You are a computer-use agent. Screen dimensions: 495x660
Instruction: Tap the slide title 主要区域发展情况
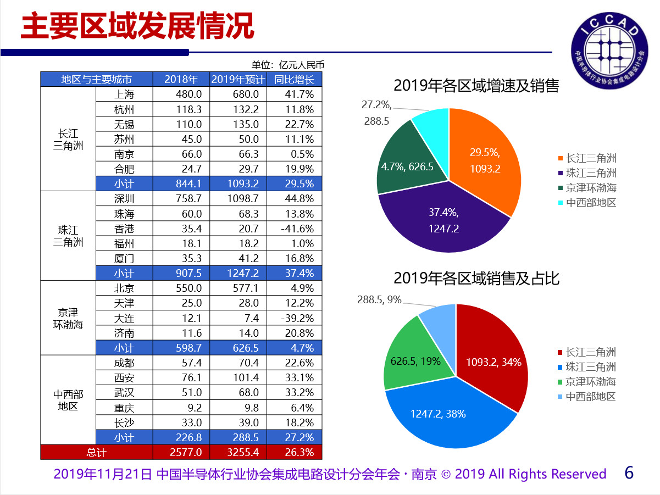click(x=137, y=26)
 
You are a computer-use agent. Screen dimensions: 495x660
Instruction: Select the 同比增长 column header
click(x=294, y=79)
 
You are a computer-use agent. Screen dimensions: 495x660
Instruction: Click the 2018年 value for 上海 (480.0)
click(x=188, y=94)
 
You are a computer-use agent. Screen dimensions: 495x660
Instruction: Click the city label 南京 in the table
click(x=124, y=154)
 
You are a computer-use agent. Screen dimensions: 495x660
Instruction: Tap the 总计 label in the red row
click(x=96, y=452)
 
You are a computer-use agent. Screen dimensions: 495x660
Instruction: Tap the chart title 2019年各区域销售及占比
click(x=476, y=278)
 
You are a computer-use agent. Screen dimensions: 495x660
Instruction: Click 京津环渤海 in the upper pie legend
click(x=591, y=188)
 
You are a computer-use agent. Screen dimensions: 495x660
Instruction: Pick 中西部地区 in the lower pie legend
click(x=591, y=397)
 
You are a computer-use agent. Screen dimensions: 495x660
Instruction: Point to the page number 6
click(x=629, y=472)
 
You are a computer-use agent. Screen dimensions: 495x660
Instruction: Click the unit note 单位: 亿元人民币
click(x=288, y=65)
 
